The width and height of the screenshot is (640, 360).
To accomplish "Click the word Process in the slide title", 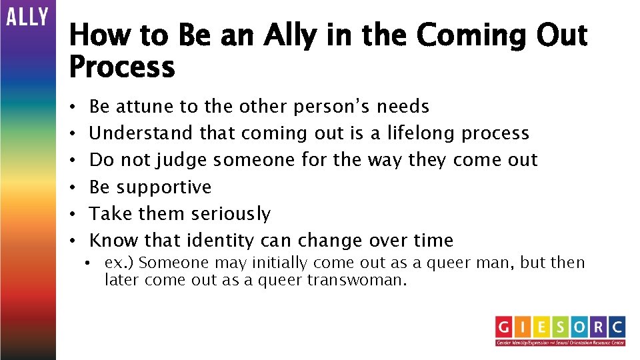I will pos(122,67).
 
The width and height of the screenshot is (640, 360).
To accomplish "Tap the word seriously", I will pos(231,214).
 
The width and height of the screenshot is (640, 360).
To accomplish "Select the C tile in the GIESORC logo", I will pos(616,327).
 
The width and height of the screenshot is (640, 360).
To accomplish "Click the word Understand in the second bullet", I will pos(141,133).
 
